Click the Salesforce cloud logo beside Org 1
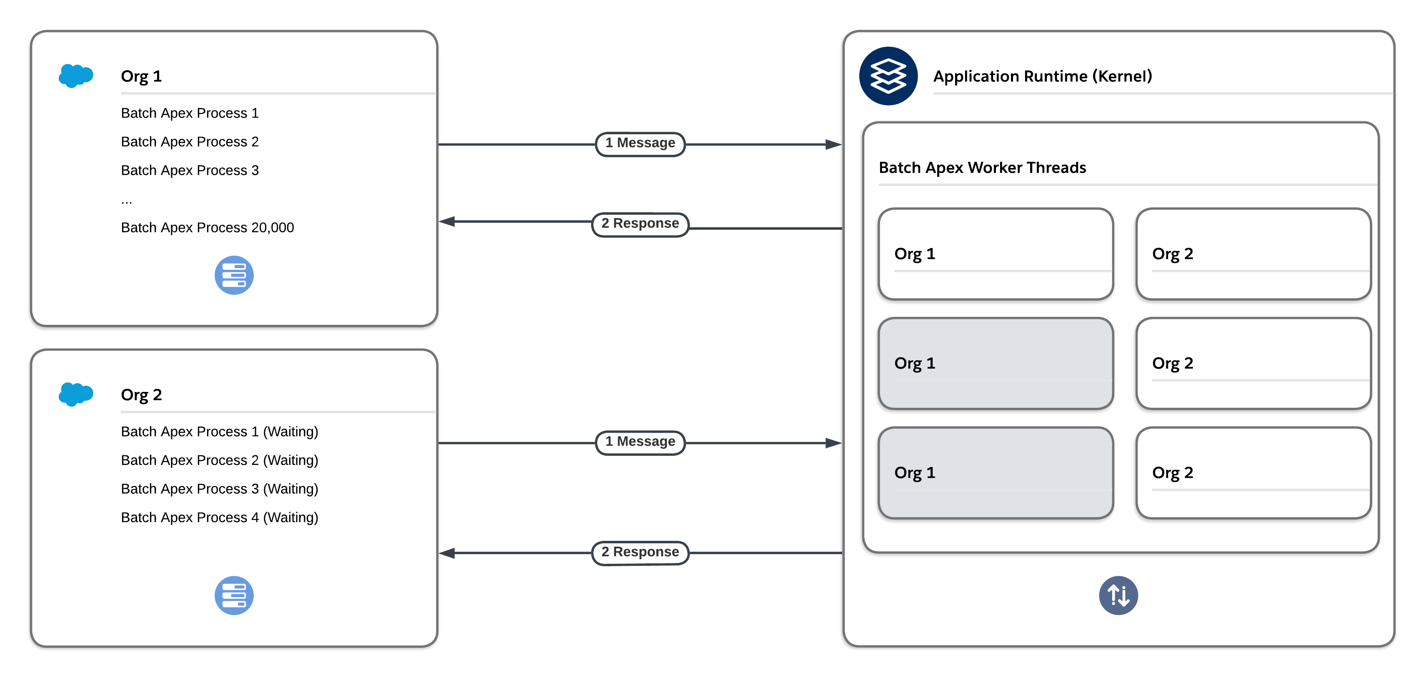coord(76,76)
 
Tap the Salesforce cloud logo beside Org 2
coord(76,394)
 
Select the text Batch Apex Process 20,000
coord(207,228)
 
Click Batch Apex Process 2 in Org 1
coord(189,142)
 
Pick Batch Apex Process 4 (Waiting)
coord(219,517)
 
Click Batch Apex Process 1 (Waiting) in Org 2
coord(219,432)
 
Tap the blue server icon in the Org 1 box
coord(234,275)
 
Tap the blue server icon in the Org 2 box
coord(234,595)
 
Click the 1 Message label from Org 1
coord(640,143)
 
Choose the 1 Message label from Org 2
coord(640,442)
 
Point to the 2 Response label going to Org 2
coord(640,552)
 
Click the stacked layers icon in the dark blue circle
coord(888,76)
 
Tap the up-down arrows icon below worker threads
coord(1118,595)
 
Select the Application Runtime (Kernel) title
coord(1042,76)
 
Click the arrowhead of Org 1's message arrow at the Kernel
coord(833,145)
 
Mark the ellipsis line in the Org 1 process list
coord(127,201)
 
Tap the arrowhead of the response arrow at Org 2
coord(447,553)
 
